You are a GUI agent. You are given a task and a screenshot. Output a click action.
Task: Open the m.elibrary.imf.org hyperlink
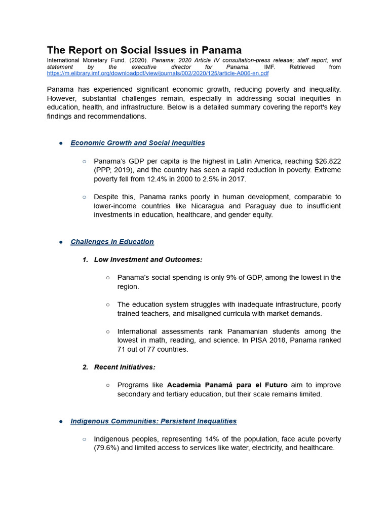tap(158, 73)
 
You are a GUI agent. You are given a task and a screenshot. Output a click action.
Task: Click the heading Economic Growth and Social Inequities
tap(138, 143)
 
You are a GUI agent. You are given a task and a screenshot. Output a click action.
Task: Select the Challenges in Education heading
tap(112, 242)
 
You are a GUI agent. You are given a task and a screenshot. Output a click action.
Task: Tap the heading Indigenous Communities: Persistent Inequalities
tap(153, 421)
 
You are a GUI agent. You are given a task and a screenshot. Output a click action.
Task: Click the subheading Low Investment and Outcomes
tap(148, 259)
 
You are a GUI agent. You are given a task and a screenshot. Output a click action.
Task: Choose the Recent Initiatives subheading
tap(125, 367)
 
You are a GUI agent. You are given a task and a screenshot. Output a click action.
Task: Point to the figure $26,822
tap(324, 161)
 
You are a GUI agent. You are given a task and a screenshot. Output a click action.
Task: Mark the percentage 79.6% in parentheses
tap(107, 448)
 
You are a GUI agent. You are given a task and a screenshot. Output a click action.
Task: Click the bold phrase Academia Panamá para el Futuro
tap(227, 385)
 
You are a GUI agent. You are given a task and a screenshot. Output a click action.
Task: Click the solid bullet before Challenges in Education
tap(61, 242)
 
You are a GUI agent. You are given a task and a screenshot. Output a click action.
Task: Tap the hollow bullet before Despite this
tap(84, 197)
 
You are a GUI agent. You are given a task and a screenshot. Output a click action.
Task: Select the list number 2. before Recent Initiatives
tap(86, 367)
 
